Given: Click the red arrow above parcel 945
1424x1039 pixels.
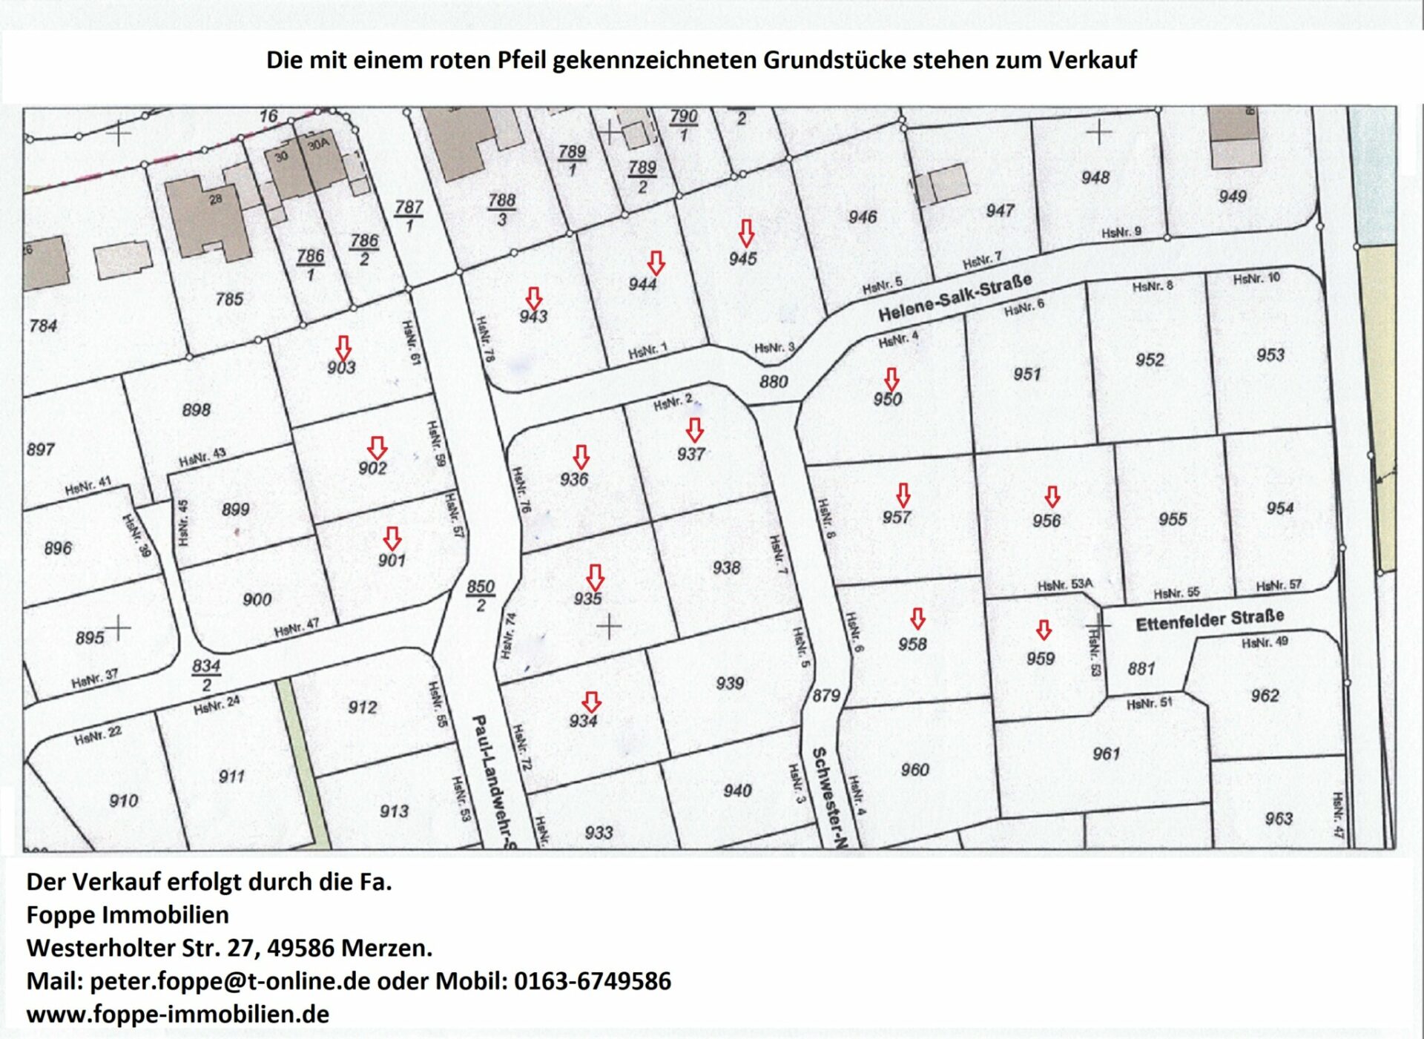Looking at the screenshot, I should pyautogui.click(x=746, y=233).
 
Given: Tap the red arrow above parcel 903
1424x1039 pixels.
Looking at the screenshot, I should pyautogui.click(x=343, y=348).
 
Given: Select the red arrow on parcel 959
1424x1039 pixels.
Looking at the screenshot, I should pyautogui.click(x=1044, y=630).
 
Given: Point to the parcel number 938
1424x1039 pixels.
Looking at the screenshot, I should pyautogui.click(x=726, y=567).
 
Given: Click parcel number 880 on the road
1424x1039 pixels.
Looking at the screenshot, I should pyautogui.click(x=774, y=381).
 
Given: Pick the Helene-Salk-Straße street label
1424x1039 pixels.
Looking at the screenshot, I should pyautogui.click(x=955, y=297).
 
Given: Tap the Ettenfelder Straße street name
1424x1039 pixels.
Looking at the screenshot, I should pyautogui.click(x=1210, y=620).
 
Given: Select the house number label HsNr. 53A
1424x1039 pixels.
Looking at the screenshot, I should pyautogui.click(x=1065, y=585).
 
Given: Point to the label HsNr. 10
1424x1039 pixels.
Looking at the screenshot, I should pyautogui.click(x=1256, y=279).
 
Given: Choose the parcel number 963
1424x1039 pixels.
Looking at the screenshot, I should pyautogui.click(x=1279, y=818).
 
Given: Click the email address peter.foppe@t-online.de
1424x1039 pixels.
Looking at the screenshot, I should pyautogui.click(x=230, y=981).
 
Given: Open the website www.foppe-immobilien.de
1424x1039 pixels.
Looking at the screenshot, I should pyautogui.click(x=178, y=1014).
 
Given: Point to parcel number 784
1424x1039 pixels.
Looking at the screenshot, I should pyautogui.click(x=43, y=326).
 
